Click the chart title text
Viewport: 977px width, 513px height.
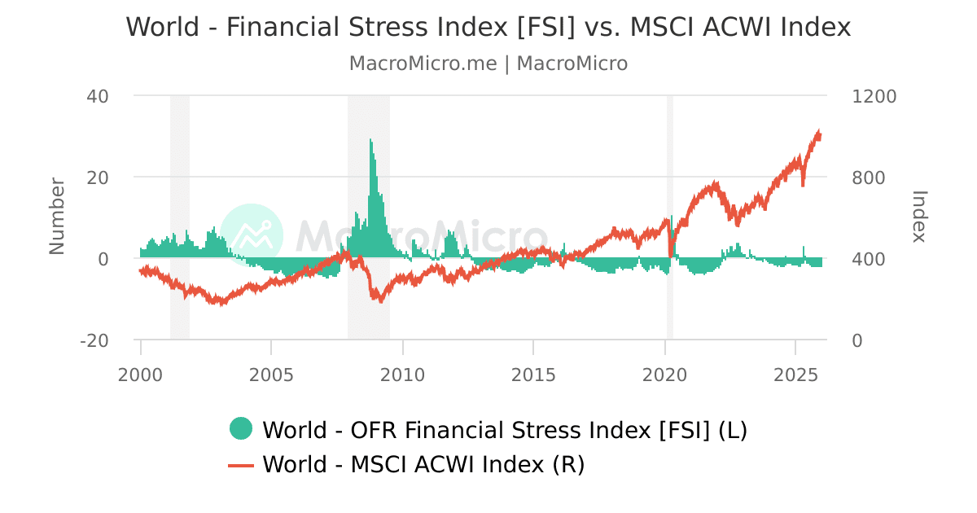(488, 27)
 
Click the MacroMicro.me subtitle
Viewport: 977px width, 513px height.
(488, 64)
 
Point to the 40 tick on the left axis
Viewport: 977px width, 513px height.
(98, 96)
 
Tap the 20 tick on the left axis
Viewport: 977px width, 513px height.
(98, 178)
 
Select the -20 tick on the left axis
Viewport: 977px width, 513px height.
(94, 340)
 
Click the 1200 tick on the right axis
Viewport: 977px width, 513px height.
(874, 96)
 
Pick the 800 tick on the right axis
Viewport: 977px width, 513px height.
(869, 178)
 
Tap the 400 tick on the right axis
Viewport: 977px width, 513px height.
(869, 259)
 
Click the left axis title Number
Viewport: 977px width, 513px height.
(57, 217)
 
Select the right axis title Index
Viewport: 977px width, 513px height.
(919, 217)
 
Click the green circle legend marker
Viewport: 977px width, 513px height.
(241, 428)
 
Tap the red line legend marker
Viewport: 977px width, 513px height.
(241, 465)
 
